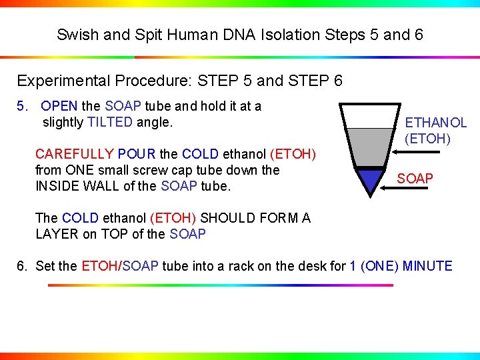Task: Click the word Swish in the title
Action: click(x=75, y=35)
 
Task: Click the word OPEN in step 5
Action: click(x=59, y=106)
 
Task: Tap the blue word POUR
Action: click(x=136, y=154)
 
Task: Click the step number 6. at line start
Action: click(x=23, y=267)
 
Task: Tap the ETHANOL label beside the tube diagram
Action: click(x=436, y=123)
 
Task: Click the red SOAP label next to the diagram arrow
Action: click(x=415, y=179)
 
